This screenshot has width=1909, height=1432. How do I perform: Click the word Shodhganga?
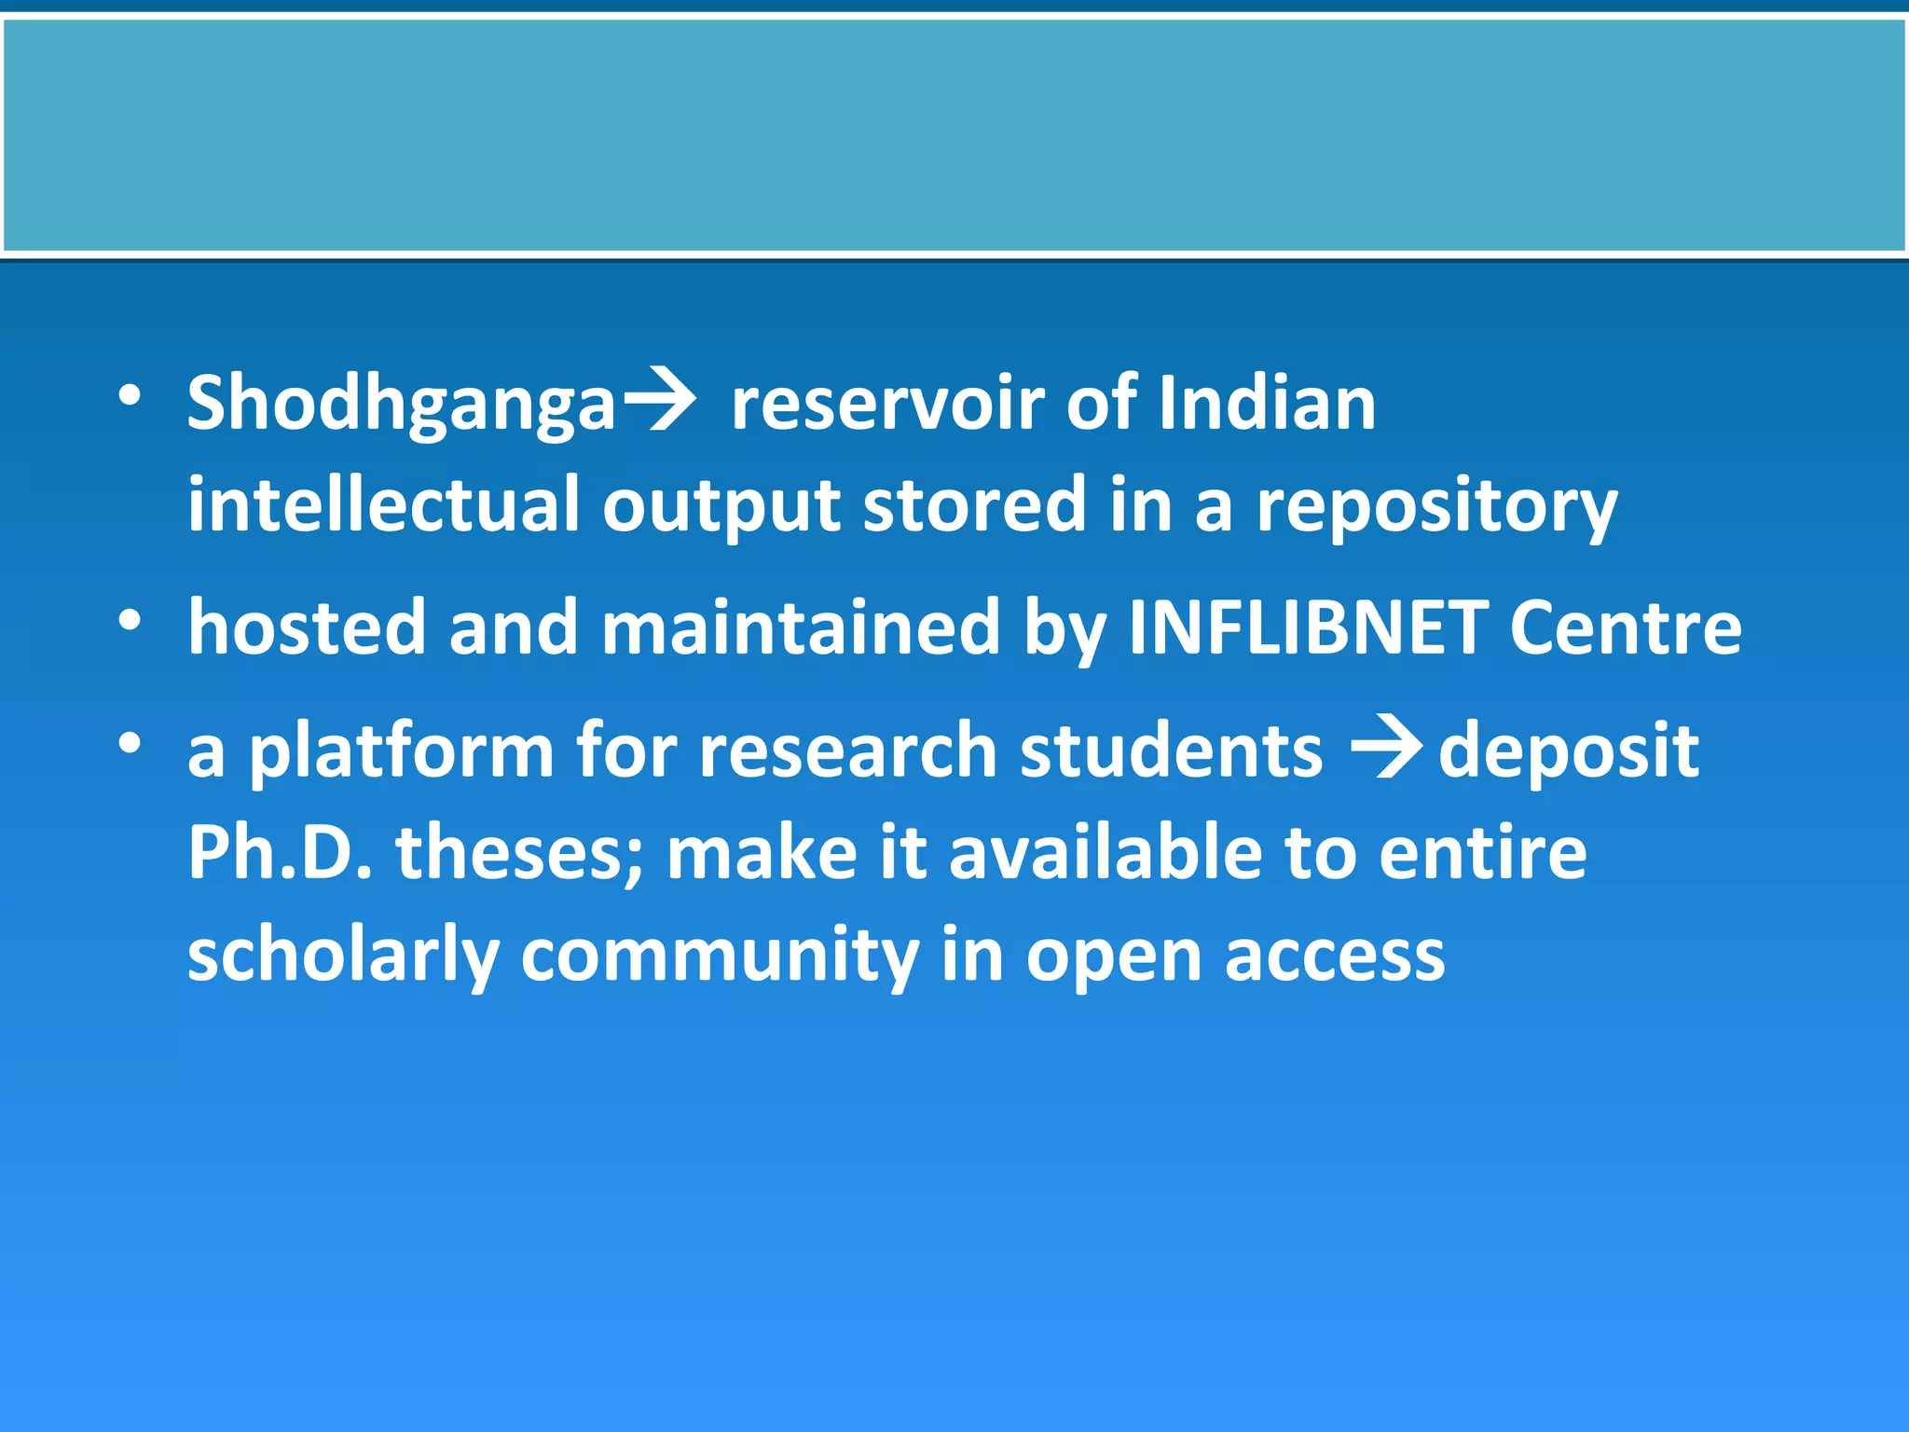pos(401,405)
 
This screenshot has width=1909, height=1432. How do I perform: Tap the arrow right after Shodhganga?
pos(659,402)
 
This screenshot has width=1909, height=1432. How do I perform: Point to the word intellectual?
pos(383,504)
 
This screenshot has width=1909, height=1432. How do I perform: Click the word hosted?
pos(307,626)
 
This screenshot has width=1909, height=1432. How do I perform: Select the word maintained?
pos(801,626)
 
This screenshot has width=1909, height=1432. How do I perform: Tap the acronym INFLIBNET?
pos(1307,626)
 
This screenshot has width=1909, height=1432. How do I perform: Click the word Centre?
pos(1625,626)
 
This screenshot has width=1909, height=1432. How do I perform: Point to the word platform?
pos(401,751)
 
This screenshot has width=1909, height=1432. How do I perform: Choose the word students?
pos(1171,751)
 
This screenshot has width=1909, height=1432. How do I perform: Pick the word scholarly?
pos(343,957)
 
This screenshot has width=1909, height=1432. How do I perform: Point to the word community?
pos(719,957)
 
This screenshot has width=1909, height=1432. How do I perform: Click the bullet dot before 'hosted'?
pos(130,619)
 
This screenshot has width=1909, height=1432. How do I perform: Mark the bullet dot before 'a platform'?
pos(130,743)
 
